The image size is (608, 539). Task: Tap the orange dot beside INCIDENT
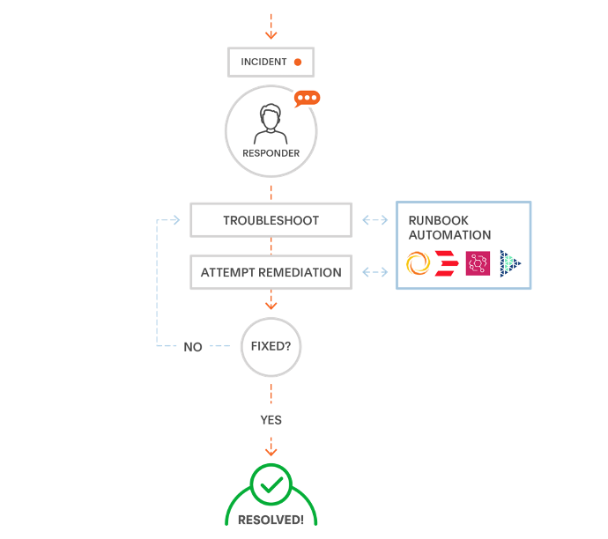pyautogui.click(x=298, y=62)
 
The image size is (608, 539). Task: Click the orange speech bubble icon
pyautogui.click(x=307, y=99)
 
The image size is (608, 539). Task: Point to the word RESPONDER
pyautogui.click(x=271, y=153)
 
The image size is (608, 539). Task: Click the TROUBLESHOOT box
pyautogui.click(x=271, y=220)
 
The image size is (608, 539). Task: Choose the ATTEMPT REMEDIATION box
pyautogui.click(x=271, y=272)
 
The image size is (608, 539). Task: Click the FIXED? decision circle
pyautogui.click(x=271, y=346)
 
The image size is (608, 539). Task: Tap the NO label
pyautogui.click(x=193, y=347)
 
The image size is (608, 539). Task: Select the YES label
pyautogui.click(x=271, y=420)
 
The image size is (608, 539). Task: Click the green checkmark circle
pyautogui.click(x=271, y=484)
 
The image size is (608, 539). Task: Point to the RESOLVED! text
pyautogui.click(x=271, y=520)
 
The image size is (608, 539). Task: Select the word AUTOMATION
pyautogui.click(x=449, y=235)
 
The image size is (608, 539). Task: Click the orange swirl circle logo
pyautogui.click(x=418, y=263)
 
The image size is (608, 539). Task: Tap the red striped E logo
pyautogui.click(x=447, y=263)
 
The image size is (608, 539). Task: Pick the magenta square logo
pyautogui.click(x=478, y=263)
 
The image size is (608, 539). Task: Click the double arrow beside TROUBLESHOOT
pyautogui.click(x=374, y=220)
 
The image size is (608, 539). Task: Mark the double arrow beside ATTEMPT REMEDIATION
pyautogui.click(x=374, y=272)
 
